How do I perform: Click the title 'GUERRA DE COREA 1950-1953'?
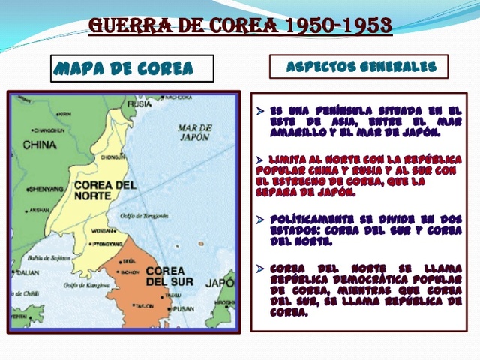tap(240, 25)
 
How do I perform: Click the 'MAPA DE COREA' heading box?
tap(132, 68)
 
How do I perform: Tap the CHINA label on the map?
tap(40, 145)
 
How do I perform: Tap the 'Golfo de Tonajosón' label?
tap(144, 215)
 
